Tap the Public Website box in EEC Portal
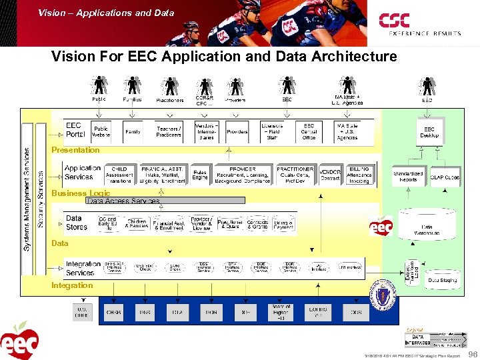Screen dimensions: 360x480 (x=101, y=132)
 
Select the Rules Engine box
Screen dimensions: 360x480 (x=200, y=175)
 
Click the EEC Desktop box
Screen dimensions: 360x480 (x=429, y=132)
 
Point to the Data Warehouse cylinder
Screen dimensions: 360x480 (x=427, y=227)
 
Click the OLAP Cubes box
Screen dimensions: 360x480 (x=445, y=177)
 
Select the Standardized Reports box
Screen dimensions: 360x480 (x=408, y=176)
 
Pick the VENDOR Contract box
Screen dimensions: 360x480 (x=330, y=175)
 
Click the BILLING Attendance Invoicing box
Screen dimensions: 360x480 (x=359, y=175)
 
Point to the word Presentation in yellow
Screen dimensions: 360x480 (x=75, y=150)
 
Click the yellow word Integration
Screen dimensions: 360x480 (x=72, y=285)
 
